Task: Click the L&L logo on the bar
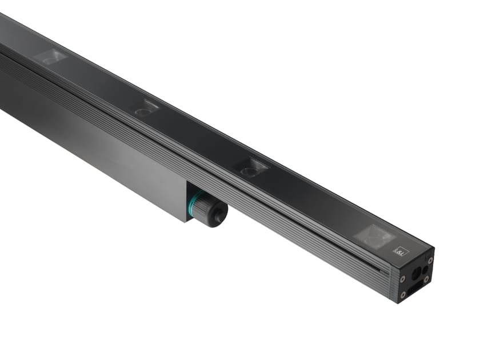pyautogui.click(x=398, y=250)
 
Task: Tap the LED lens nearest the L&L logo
pyautogui.click(x=374, y=235)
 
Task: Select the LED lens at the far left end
pyautogui.click(x=51, y=57)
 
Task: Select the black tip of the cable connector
pyautogui.click(x=219, y=215)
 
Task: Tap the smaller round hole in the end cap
pyautogui.click(x=426, y=268)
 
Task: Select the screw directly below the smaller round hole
pyautogui.click(x=426, y=279)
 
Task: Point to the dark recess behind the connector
pyautogui.click(x=191, y=191)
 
